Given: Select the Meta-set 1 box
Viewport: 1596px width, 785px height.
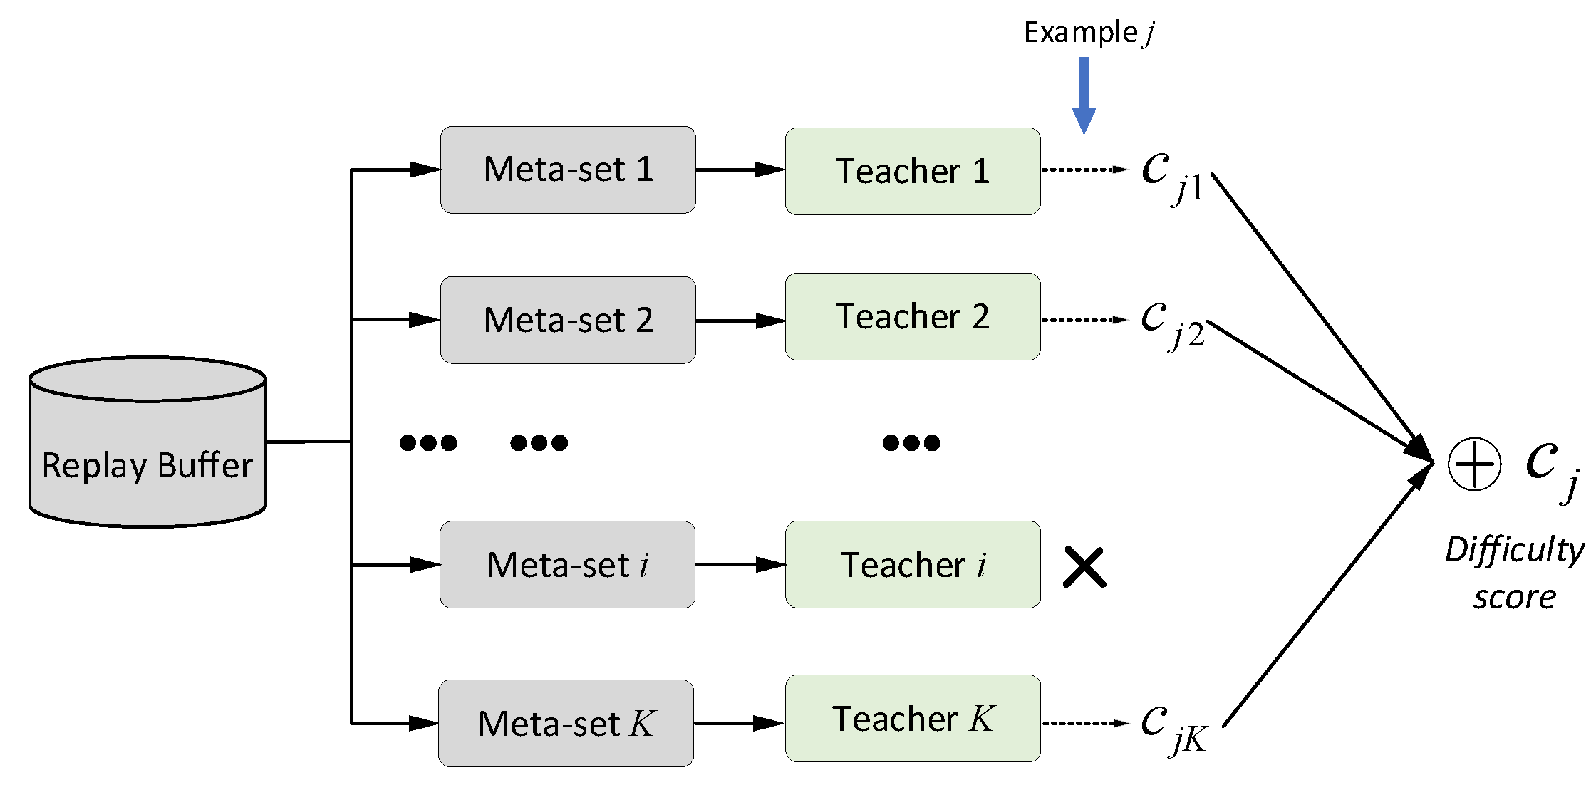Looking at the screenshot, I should click(568, 170).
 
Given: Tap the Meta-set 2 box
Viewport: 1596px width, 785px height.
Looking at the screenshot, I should click(568, 321).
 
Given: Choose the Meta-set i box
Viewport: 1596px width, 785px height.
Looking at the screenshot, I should click(567, 565).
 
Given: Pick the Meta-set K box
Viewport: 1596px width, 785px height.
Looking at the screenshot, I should click(566, 724).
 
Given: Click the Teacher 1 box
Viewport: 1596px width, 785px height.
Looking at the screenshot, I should click(913, 172).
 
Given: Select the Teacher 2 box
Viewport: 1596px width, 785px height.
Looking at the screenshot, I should click(913, 317).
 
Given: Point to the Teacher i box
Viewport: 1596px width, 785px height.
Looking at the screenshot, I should click(913, 565).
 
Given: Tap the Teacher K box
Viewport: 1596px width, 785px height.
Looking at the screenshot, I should click(913, 719).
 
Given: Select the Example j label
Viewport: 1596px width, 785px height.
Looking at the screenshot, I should click(1088, 33).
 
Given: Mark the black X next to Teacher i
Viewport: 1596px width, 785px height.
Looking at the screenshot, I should click(1084, 568).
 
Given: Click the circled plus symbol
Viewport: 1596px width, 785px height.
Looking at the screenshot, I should click(1474, 464).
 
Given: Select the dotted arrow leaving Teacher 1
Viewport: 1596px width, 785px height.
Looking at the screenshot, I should click(1084, 170).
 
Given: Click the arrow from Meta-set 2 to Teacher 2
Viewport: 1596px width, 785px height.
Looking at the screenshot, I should click(740, 321).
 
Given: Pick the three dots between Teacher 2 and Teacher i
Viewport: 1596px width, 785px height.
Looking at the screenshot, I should click(911, 443).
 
